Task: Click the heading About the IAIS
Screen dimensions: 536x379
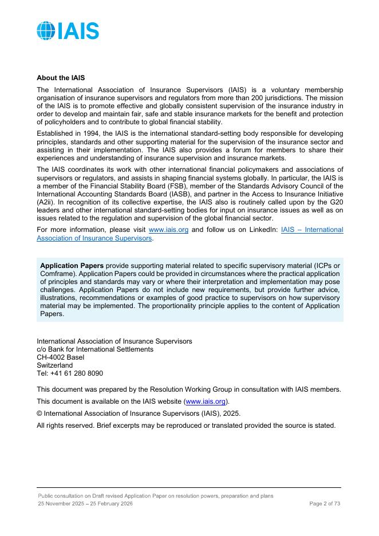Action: pyautogui.click(x=61, y=77)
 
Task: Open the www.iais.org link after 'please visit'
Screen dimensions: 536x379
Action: pyautogui.click(x=168, y=230)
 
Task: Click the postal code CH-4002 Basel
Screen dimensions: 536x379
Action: pyautogui.click(x=60, y=357)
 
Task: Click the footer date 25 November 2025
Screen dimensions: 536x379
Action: pyautogui.click(x=62, y=503)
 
